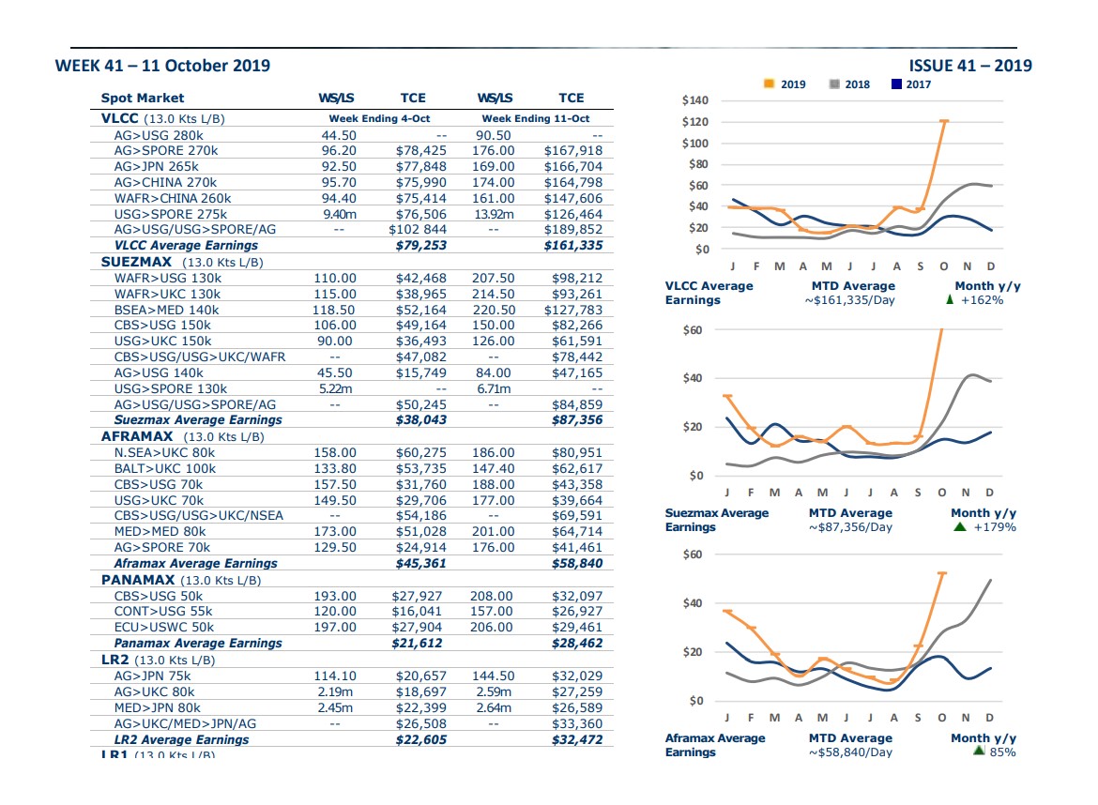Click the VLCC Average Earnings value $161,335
(x=572, y=246)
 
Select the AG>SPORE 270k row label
(x=166, y=150)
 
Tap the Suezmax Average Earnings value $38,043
(x=420, y=420)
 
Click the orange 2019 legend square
(x=769, y=84)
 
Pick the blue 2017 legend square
(x=896, y=84)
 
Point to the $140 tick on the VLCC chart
(x=694, y=100)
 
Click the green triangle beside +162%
(x=950, y=299)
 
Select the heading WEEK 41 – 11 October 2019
(x=162, y=66)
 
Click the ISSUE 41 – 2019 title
(x=969, y=66)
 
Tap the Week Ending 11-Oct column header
(x=536, y=119)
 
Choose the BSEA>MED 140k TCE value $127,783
(x=572, y=311)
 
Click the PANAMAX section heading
(x=138, y=581)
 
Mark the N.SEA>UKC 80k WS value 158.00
(x=335, y=453)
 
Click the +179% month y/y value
(x=995, y=527)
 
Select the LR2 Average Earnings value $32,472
(x=577, y=740)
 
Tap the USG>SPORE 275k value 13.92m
(x=494, y=214)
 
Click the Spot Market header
(x=142, y=98)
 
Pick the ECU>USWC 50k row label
(x=164, y=628)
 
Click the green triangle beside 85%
(x=979, y=751)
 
